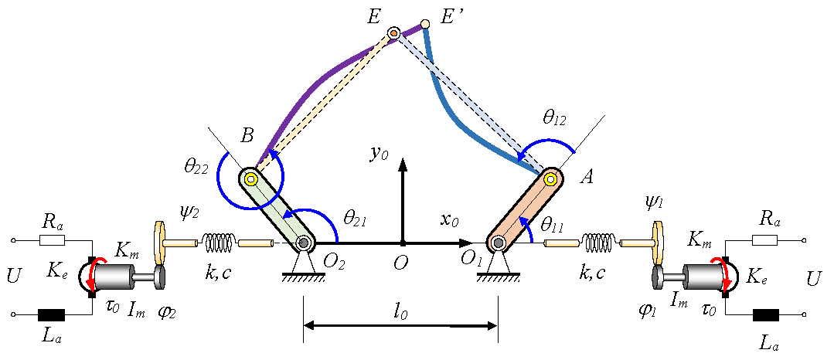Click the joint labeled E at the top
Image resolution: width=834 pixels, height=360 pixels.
coord(393,33)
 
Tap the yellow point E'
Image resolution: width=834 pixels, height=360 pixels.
coord(424,25)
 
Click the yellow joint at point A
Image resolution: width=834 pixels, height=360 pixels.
coord(550,179)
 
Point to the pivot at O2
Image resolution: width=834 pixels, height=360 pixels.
coord(304,243)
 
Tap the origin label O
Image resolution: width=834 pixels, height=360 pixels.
coord(400,264)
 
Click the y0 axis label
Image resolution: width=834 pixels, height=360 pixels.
coord(379,154)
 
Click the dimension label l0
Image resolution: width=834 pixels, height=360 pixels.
coord(399,313)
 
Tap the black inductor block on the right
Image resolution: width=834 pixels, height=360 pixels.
coord(768,314)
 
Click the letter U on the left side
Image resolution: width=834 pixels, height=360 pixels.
coord(12,276)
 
